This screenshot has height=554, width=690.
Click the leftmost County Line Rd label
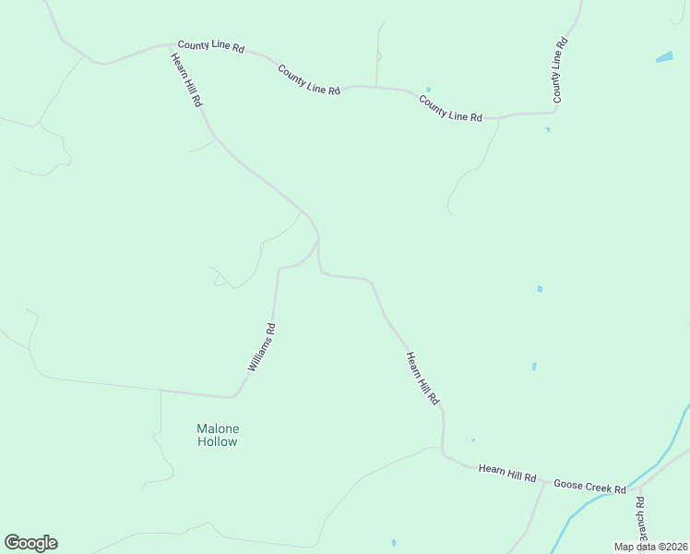coord(211,45)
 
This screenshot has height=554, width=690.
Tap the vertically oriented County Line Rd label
coord(559,70)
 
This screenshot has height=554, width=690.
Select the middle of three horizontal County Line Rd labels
coord(309,78)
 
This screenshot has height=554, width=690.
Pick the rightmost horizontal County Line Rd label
coord(450,108)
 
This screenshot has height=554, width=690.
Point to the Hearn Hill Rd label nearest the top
coord(186,80)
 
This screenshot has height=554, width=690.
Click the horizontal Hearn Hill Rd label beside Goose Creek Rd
coord(507,474)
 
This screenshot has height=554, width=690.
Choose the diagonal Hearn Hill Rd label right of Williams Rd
coord(422,379)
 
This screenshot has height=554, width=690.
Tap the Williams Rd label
coord(262,346)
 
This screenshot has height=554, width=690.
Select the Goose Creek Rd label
coord(589,486)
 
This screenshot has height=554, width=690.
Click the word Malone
coord(218,428)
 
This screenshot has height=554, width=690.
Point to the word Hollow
coord(218,442)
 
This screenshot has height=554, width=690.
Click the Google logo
coord(30,543)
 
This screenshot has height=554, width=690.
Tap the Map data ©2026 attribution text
coord(651,547)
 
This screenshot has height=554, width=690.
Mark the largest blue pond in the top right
coord(664,57)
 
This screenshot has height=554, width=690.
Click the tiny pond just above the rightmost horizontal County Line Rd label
coord(428,90)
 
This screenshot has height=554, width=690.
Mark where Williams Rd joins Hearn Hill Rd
coord(318,242)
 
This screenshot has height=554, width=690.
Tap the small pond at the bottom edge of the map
coord(393,543)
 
